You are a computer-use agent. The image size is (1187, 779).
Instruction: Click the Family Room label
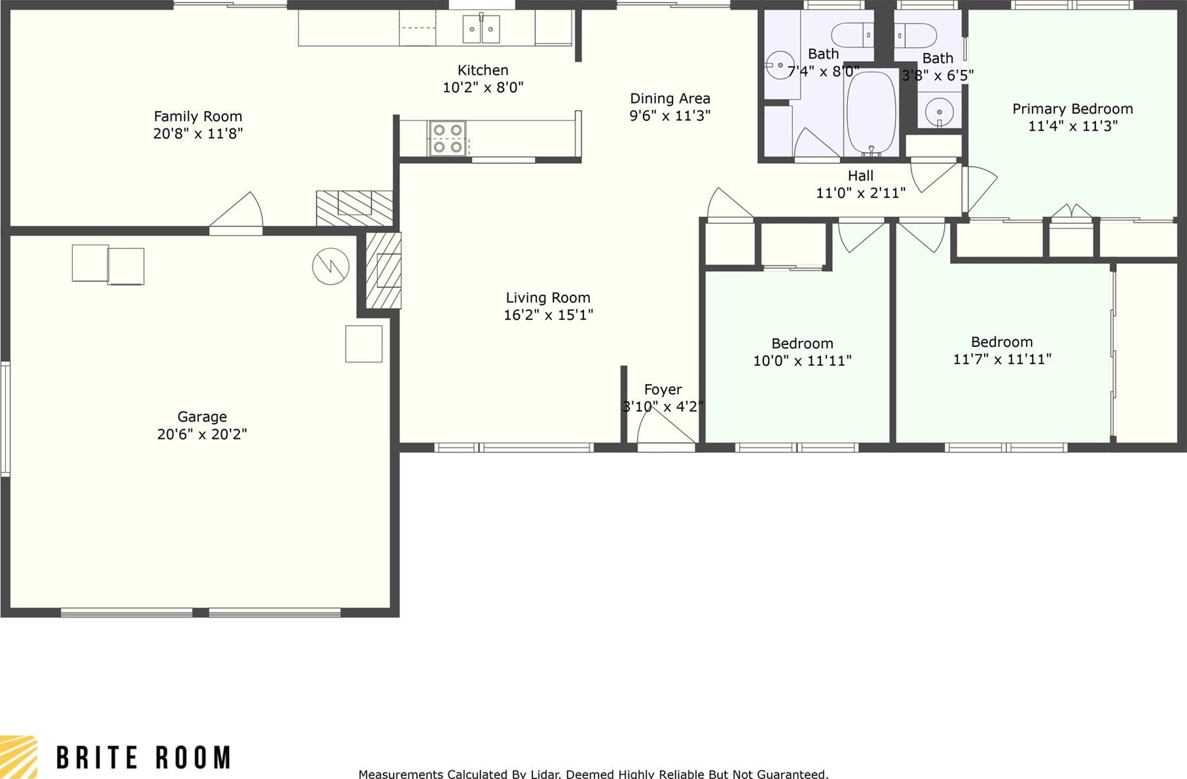coord(198,117)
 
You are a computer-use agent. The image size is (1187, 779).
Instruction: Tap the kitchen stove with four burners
coord(448,139)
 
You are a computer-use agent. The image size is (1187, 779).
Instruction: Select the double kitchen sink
coord(481,29)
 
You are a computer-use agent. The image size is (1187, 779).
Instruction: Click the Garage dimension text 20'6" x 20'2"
coord(202,434)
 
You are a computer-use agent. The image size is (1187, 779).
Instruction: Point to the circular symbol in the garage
coord(331,266)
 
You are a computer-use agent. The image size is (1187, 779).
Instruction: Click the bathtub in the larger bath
coord(871,113)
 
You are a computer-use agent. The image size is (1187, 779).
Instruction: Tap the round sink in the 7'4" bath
coord(780,65)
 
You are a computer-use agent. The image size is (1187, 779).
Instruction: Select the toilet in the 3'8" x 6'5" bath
coord(916,35)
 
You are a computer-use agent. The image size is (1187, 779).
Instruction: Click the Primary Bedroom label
coord(1072,109)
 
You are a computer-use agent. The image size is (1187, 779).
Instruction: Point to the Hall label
coord(860,175)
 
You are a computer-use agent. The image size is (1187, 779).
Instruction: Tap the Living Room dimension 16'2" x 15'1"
coord(548,315)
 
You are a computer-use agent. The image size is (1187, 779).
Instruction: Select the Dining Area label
coord(670,99)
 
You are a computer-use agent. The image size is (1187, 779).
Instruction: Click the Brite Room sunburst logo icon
coord(18,757)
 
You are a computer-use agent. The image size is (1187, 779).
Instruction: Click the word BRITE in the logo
coord(98,757)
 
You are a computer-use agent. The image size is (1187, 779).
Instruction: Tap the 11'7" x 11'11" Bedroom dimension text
coord(1002,359)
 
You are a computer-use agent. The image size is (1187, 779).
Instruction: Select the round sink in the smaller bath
coord(939,109)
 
